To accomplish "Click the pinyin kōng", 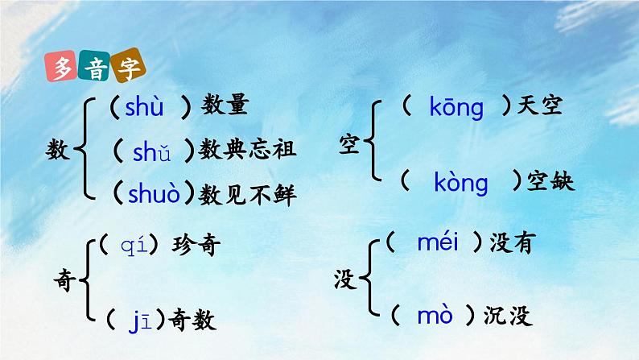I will (x=456, y=107).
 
